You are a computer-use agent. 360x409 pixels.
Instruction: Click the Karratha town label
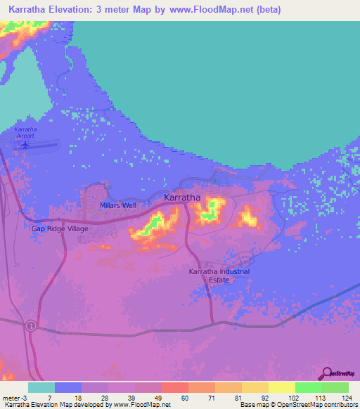(x=182, y=197)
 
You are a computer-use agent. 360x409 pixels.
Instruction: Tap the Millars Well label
(x=117, y=205)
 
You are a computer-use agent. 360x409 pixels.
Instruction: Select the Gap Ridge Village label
(x=60, y=228)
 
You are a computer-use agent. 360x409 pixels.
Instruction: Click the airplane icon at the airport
(x=26, y=145)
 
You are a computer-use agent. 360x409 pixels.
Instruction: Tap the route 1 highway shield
(x=31, y=326)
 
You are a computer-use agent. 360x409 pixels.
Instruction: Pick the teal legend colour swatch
(x=41, y=387)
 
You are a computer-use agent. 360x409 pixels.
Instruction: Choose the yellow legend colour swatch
(x=282, y=387)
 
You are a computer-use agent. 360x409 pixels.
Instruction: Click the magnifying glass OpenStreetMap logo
(x=325, y=374)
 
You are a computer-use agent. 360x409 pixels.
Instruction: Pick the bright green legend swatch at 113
(x=309, y=387)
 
